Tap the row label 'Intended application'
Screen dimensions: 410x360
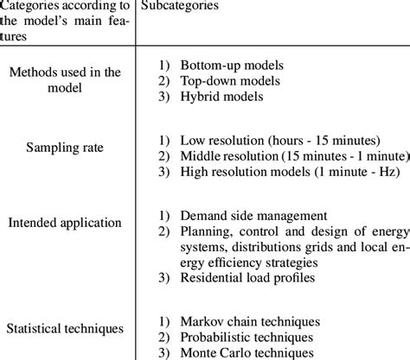point(65,223)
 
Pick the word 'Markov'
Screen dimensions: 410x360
point(202,320)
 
